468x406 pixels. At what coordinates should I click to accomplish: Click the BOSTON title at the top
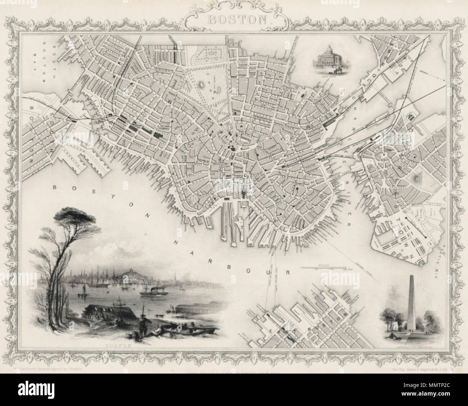tap(234, 19)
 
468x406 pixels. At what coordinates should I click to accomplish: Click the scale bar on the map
tap(326, 268)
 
